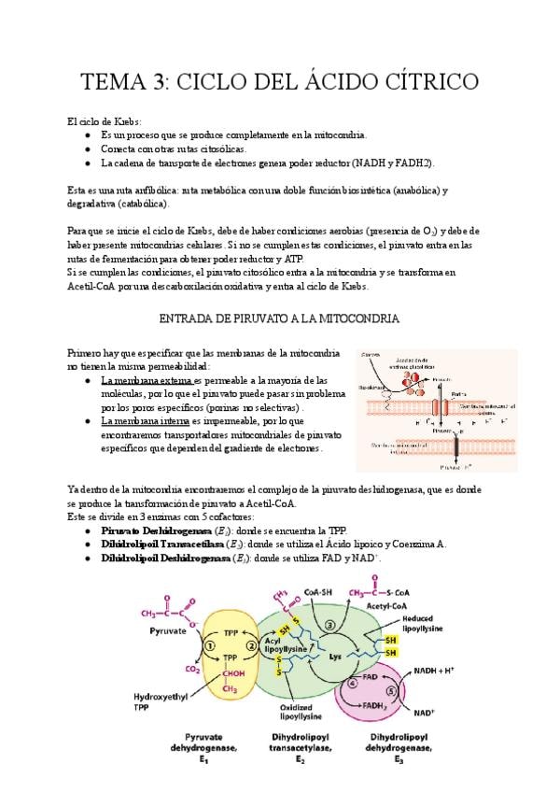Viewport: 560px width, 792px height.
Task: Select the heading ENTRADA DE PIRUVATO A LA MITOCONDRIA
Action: pos(280,318)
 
